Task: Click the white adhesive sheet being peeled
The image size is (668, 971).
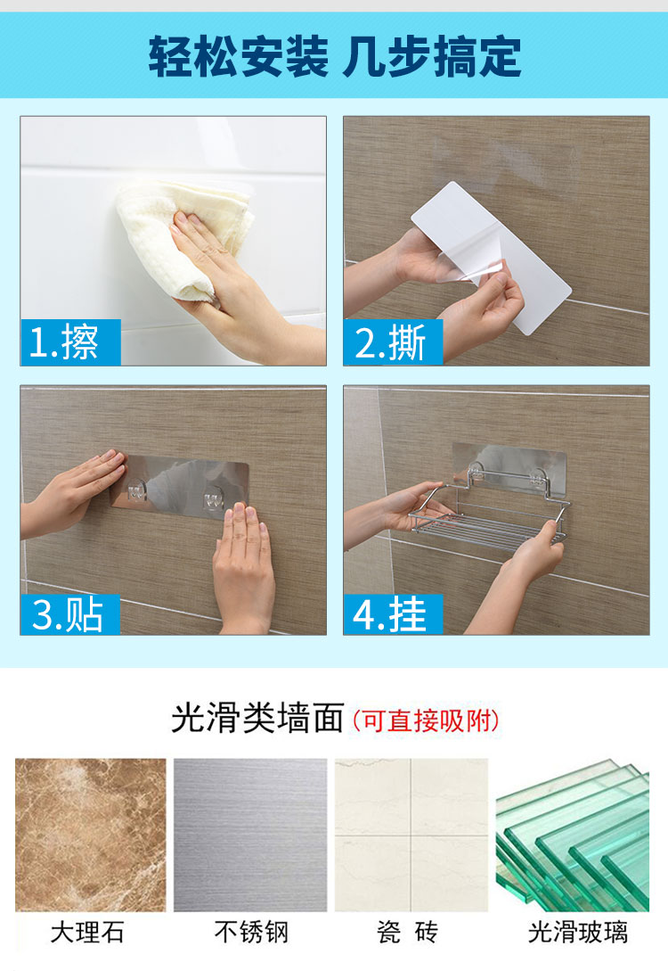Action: point(492,257)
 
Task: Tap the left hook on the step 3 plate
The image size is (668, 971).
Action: point(136,491)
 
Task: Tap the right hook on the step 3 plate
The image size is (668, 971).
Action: point(213,499)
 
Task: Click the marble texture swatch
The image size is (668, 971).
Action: point(91,835)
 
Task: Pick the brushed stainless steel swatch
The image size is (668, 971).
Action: point(250,835)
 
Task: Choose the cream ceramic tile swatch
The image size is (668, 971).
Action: point(411,835)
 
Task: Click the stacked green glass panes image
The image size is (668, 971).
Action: point(573,835)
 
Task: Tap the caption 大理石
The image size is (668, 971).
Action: point(87,932)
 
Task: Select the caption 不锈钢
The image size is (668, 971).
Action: point(251,932)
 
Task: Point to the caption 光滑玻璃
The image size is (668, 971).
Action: point(578,932)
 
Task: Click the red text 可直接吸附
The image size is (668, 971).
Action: point(426,720)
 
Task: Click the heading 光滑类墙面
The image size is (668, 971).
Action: point(257,719)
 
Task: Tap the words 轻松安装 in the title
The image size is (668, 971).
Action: point(238,57)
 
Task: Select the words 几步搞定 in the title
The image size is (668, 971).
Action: point(432,57)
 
